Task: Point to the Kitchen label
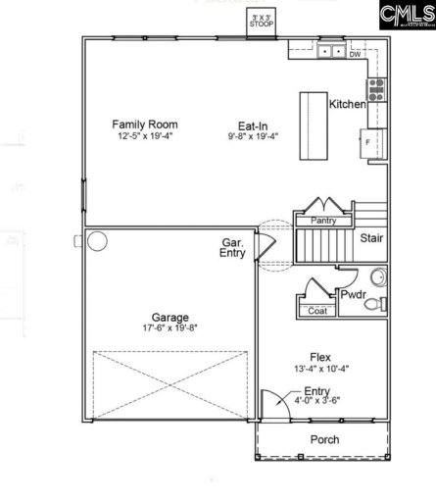click(x=347, y=104)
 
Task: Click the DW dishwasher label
click(x=355, y=55)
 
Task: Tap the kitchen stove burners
click(x=376, y=91)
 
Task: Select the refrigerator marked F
click(x=371, y=142)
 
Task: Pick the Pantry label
click(x=323, y=222)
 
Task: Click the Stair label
click(x=371, y=238)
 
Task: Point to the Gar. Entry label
click(x=232, y=248)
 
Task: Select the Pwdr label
click(x=353, y=294)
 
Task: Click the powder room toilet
click(x=373, y=304)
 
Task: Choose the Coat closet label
click(x=317, y=312)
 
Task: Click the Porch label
click(x=324, y=439)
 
